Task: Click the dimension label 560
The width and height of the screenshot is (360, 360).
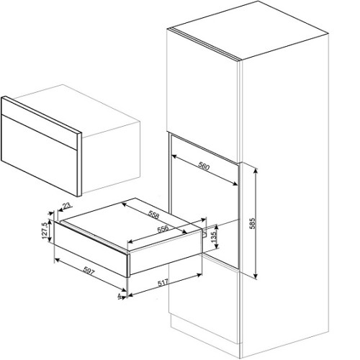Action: coord(204,166)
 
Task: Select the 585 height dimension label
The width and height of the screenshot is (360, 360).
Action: coord(253,223)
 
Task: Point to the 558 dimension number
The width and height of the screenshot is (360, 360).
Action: coord(154,215)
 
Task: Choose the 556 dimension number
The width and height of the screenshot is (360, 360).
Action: coord(163,229)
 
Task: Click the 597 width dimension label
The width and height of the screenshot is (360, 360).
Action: coord(89,271)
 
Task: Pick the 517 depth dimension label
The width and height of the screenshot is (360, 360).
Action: coord(163,282)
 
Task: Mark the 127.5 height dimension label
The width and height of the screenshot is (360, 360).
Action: coord(45,230)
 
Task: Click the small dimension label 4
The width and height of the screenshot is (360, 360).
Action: coord(120,297)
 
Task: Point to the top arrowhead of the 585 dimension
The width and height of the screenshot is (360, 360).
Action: coord(256,171)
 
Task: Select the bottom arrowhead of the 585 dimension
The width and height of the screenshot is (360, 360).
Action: coord(256,276)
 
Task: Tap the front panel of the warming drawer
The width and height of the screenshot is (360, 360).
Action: coord(91,249)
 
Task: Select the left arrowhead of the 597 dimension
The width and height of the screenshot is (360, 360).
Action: coord(58,260)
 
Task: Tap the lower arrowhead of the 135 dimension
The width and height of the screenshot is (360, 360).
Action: coord(217,246)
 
